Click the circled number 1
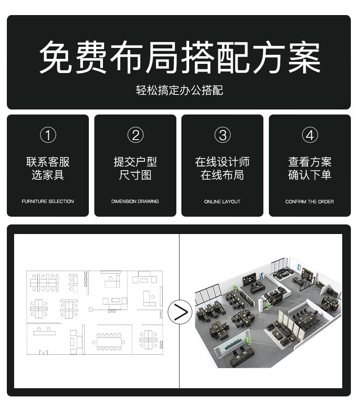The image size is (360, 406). [x=48, y=135]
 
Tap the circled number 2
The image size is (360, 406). [x=135, y=135]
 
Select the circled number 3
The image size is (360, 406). [x=222, y=135]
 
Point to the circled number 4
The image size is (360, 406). [x=310, y=135]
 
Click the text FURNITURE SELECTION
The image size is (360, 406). [x=48, y=201]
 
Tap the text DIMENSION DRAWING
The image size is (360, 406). [x=135, y=201]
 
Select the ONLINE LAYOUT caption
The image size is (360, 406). [x=222, y=201]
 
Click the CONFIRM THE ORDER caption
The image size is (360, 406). [x=310, y=201]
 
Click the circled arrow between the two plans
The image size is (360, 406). [x=179, y=312]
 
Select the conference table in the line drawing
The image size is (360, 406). [x=112, y=340]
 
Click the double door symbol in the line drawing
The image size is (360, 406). [x=44, y=352]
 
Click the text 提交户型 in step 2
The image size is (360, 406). [x=135, y=162]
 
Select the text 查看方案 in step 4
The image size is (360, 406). [x=310, y=162]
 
